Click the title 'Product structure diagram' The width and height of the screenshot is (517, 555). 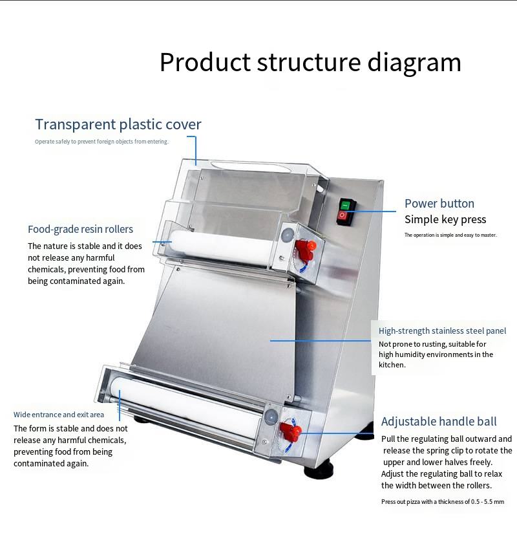click(310, 63)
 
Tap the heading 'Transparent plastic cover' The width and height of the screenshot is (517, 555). click(118, 124)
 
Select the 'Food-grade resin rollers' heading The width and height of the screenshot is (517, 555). click(80, 229)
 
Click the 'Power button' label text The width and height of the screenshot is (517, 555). click(439, 203)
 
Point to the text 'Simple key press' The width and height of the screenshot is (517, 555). click(445, 219)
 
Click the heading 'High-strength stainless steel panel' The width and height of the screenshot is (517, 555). click(442, 331)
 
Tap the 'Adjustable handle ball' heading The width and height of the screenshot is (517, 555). click(439, 422)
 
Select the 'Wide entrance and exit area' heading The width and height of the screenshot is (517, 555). click(59, 415)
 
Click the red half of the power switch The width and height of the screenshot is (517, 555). click(344, 215)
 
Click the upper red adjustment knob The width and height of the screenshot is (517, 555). click(310, 247)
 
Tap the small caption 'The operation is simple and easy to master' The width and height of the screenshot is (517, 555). click(450, 235)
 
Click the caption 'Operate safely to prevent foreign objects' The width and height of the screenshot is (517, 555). click(101, 142)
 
